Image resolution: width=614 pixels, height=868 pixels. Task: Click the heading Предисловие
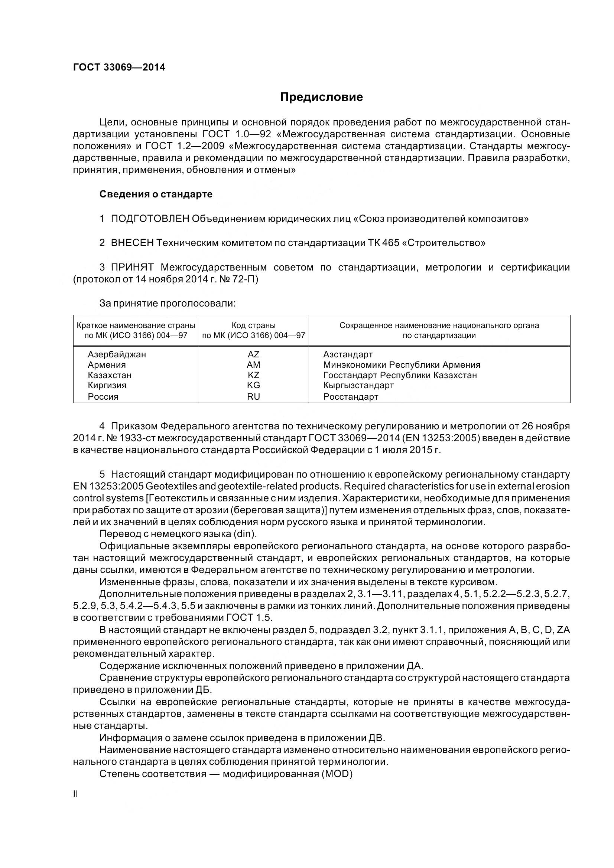click(321, 97)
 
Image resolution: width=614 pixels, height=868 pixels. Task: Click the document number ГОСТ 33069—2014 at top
click(119, 68)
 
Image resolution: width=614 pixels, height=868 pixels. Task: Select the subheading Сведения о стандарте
click(156, 194)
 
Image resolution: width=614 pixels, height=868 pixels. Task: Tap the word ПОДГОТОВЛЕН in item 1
click(150, 219)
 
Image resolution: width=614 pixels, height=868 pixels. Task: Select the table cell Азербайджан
click(117, 355)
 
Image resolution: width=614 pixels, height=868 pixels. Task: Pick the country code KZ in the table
click(253, 376)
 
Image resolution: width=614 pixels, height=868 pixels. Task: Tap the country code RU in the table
click(253, 397)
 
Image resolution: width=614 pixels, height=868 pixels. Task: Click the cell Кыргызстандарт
click(358, 385)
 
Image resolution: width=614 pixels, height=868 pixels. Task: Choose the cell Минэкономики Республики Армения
click(402, 365)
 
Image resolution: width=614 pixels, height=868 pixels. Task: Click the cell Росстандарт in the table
click(350, 397)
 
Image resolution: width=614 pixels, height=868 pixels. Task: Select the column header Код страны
click(253, 325)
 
